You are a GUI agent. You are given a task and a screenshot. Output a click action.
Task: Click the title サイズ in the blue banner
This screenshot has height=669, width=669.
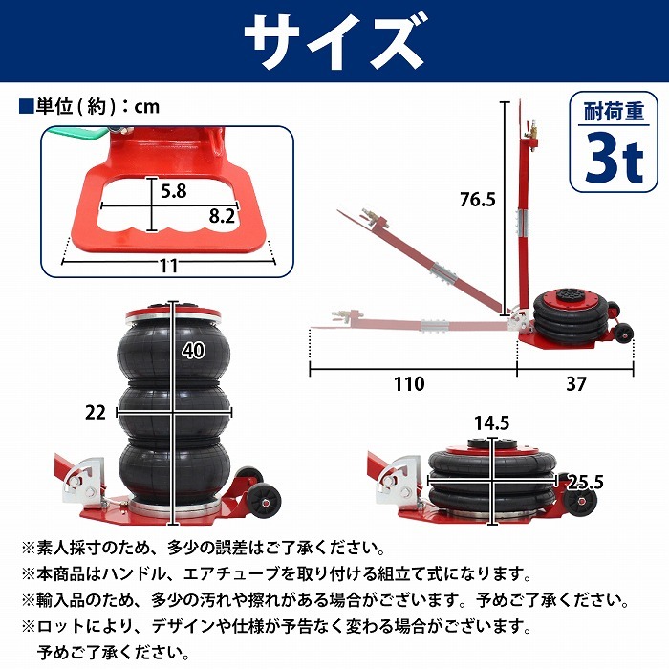(334, 41)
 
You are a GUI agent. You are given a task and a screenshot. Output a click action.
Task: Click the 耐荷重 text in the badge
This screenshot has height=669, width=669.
(614, 112)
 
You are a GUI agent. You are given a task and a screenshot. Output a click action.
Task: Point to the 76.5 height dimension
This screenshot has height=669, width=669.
(478, 199)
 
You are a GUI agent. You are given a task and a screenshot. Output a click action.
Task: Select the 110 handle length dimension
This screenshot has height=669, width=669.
(409, 384)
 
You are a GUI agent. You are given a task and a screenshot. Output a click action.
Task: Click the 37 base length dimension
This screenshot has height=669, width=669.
(575, 384)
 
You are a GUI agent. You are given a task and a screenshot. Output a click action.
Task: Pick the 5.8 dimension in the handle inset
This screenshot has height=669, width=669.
(174, 191)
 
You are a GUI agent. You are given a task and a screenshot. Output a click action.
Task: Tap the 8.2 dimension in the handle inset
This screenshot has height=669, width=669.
(222, 216)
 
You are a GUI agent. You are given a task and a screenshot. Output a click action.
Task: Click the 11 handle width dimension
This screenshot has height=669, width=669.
(168, 267)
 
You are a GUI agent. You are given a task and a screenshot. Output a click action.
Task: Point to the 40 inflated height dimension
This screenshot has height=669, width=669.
(193, 351)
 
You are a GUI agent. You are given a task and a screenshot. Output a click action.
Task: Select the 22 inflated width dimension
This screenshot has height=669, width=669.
(95, 413)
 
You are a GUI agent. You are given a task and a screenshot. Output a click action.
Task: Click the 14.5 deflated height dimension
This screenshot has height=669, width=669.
(492, 423)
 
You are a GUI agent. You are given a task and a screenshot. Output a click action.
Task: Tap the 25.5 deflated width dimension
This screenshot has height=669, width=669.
(585, 482)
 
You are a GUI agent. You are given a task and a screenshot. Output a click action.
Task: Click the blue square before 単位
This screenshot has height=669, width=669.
(26, 106)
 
